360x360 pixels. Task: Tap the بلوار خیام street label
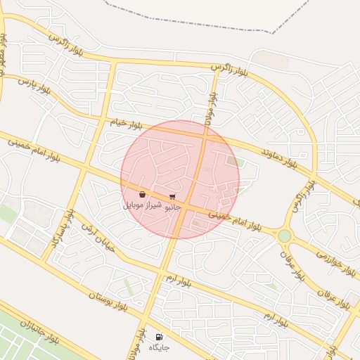[126, 124]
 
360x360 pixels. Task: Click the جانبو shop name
[173, 208]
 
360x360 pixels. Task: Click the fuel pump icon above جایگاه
[159, 337]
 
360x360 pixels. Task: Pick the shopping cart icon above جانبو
[173, 198]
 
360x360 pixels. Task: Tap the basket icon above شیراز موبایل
[143, 195]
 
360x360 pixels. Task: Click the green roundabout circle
[284, 236]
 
